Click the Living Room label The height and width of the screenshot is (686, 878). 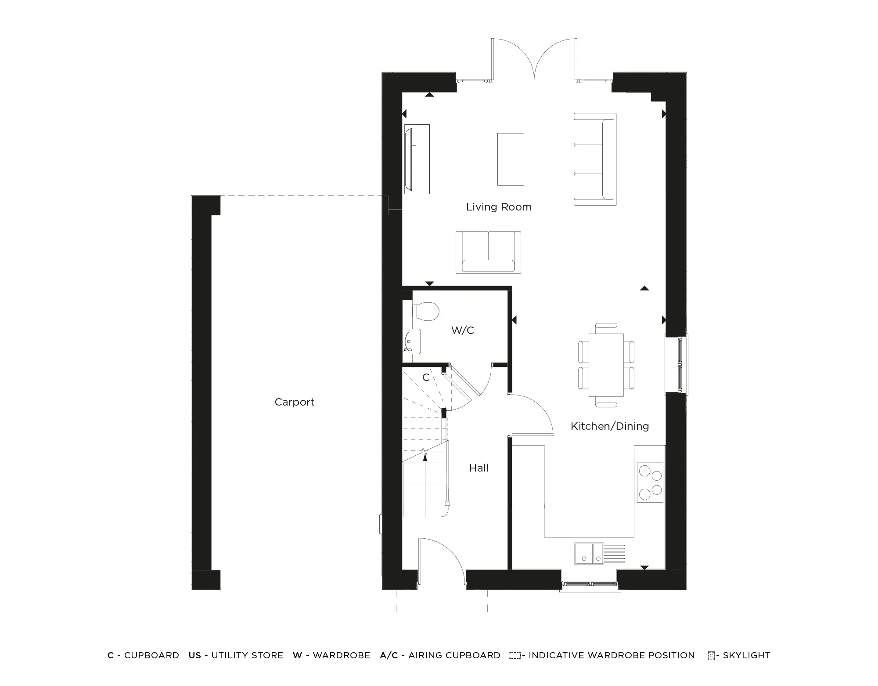click(x=499, y=207)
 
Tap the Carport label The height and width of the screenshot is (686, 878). click(x=295, y=402)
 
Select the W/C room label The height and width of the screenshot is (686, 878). click(x=463, y=330)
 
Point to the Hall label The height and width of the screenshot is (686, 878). click(x=479, y=468)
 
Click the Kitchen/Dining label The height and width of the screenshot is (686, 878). click(x=610, y=426)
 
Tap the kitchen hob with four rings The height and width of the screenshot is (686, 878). click(x=650, y=483)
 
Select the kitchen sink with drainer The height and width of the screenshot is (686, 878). click(x=599, y=554)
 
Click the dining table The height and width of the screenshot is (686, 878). click(x=606, y=365)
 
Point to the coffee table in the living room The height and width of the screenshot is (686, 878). click(x=511, y=159)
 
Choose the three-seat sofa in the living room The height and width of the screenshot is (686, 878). click(x=595, y=159)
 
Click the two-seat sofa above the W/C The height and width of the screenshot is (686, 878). click(x=488, y=252)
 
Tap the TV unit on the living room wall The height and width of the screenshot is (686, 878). click(x=416, y=159)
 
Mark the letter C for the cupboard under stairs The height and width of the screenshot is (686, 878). click(x=426, y=377)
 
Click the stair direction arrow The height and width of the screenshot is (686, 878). click(x=425, y=455)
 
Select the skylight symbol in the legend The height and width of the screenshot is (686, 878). click(x=711, y=656)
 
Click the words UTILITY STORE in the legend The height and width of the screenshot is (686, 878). click(x=247, y=655)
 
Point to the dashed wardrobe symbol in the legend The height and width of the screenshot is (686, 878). click(x=515, y=656)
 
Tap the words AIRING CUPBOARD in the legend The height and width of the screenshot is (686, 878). click(x=454, y=655)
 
